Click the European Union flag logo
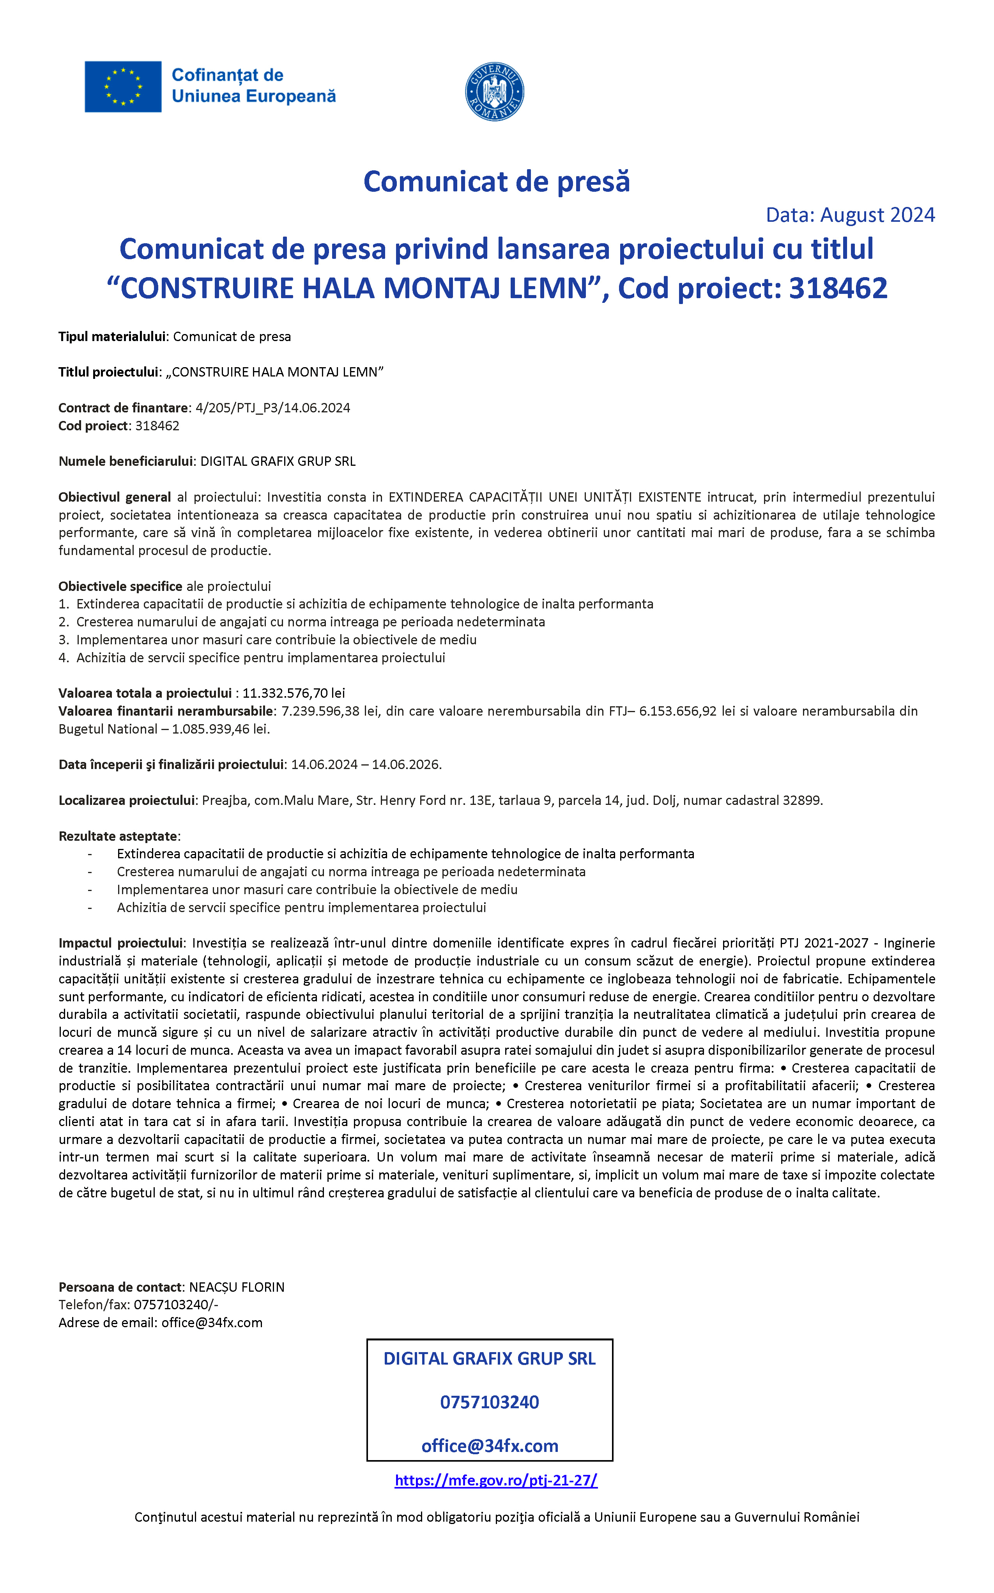point(123,87)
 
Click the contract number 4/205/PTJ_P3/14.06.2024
point(273,407)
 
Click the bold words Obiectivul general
point(114,497)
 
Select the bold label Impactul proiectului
point(121,943)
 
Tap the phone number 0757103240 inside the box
point(489,1402)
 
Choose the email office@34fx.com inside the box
point(489,1445)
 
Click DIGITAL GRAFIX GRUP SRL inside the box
point(489,1358)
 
